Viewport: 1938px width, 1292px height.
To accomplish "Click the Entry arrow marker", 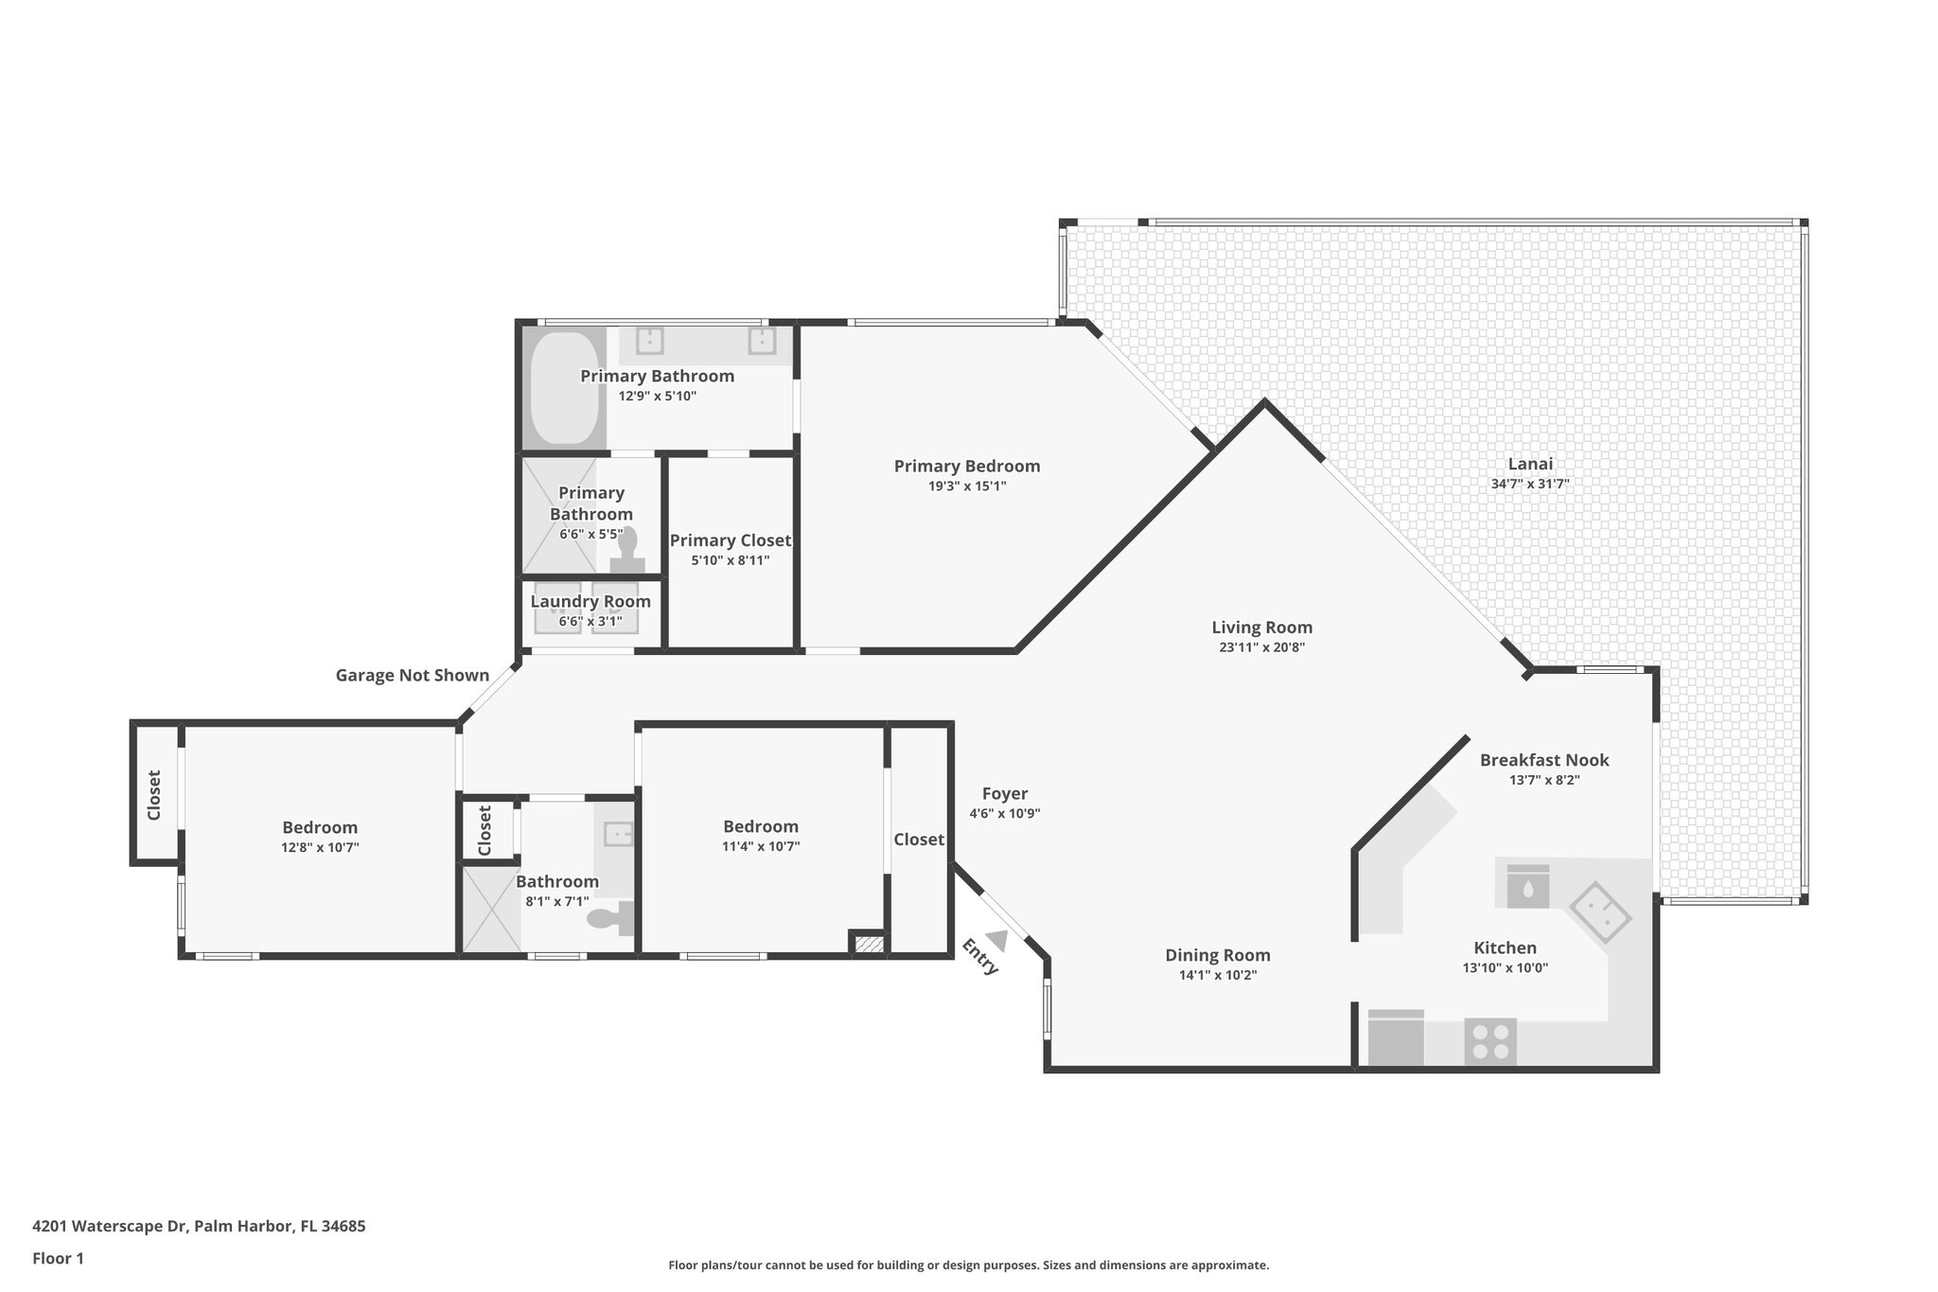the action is click(x=995, y=940).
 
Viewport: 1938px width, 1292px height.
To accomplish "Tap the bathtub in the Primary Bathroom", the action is click(x=564, y=388).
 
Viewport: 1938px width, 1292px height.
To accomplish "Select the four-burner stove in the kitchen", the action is click(x=1490, y=1041).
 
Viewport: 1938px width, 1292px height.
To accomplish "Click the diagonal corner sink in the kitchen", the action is click(x=1600, y=912).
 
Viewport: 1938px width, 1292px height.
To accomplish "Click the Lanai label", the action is click(x=1530, y=464).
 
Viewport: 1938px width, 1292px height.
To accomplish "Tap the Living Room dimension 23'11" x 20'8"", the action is click(x=1262, y=648).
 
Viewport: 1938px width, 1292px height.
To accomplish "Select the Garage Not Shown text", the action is click(x=413, y=675).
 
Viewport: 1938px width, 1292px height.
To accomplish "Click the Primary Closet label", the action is click(x=731, y=540).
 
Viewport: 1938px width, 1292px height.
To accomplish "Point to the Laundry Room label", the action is click(x=590, y=601).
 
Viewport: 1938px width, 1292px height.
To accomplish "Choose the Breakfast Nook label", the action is click(x=1544, y=760).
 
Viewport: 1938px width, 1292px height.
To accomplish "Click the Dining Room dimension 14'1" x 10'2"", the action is click(x=1218, y=976).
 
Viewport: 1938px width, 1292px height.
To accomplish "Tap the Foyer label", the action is click(x=1005, y=794).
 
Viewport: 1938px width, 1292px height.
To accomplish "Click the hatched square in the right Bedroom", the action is click(x=868, y=943).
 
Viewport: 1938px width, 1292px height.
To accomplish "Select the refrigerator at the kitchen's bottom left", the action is click(x=1396, y=1037).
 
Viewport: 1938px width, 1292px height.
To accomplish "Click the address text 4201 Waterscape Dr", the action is click(x=111, y=1226).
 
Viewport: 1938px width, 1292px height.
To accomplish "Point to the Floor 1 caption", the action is click(x=58, y=1258).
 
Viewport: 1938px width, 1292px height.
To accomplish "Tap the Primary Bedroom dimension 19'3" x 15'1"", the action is click(x=967, y=487).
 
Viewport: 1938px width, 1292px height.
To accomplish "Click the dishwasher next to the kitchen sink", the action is click(x=1527, y=886).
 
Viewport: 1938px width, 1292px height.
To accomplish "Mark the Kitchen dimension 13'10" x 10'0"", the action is click(x=1506, y=967).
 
